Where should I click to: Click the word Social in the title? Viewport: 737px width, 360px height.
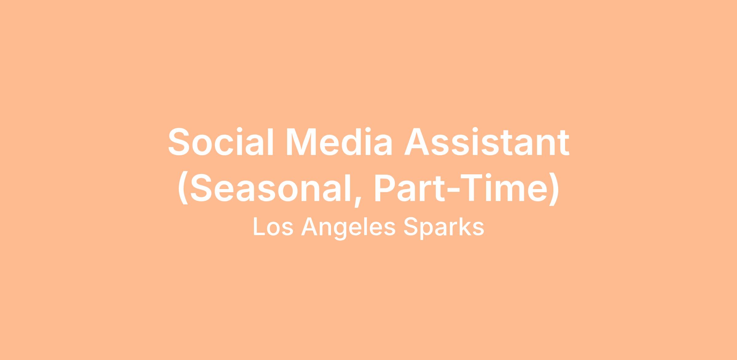[220, 141]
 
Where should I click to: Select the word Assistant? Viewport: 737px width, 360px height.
[487, 141]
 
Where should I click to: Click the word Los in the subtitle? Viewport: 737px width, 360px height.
[273, 227]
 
